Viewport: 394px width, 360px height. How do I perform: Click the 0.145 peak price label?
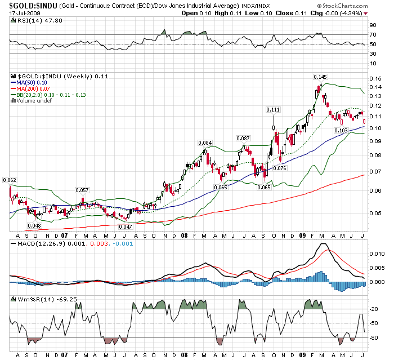click(x=320, y=77)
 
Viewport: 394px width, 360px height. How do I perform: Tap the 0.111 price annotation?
click(x=273, y=109)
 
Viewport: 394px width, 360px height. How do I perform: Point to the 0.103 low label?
click(x=341, y=131)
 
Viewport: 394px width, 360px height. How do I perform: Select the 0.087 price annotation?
click(x=243, y=138)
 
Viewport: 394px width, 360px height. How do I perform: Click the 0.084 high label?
click(x=205, y=143)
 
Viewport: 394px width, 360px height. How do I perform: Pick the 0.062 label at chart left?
click(x=10, y=180)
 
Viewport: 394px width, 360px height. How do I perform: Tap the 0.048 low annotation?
click(x=34, y=225)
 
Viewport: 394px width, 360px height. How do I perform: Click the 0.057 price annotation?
click(x=82, y=190)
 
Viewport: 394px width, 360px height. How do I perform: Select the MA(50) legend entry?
click(x=32, y=83)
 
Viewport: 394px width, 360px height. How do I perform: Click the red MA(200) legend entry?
click(x=33, y=89)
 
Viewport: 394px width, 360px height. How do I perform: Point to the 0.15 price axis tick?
click(x=374, y=78)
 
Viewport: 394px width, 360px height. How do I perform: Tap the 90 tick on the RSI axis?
click(x=372, y=25)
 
